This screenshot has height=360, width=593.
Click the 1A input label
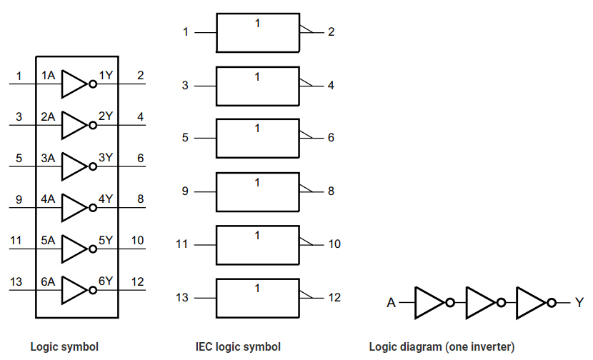coord(48,76)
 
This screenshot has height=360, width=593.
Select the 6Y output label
coord(105,281)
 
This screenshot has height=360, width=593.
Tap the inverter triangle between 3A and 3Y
coord(74,166)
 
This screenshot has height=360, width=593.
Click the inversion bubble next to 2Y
coord(92,125)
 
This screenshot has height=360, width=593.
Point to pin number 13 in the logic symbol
coord(16,281)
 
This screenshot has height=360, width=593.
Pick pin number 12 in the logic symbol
coord(138,281)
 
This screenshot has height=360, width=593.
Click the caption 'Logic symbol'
coord(64,347)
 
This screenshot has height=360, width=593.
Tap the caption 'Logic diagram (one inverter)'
coord(442,347)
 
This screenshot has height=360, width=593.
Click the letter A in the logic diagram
coord(392,303)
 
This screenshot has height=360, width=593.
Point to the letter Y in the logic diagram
coord(579,303)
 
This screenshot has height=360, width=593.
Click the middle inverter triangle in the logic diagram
coord(479,303)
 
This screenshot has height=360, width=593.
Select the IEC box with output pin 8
coord(257,191)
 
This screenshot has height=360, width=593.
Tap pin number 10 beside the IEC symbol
coord(334,244)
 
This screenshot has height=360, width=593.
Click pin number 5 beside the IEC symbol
coord(185,137)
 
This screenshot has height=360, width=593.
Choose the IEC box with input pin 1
coord(257,32)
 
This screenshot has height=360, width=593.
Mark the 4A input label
coord(48,199)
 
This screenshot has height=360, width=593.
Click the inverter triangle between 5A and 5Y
coord(74,249)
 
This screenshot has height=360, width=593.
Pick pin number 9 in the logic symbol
coord(19,199)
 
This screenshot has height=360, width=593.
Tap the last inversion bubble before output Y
coord(551,303)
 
